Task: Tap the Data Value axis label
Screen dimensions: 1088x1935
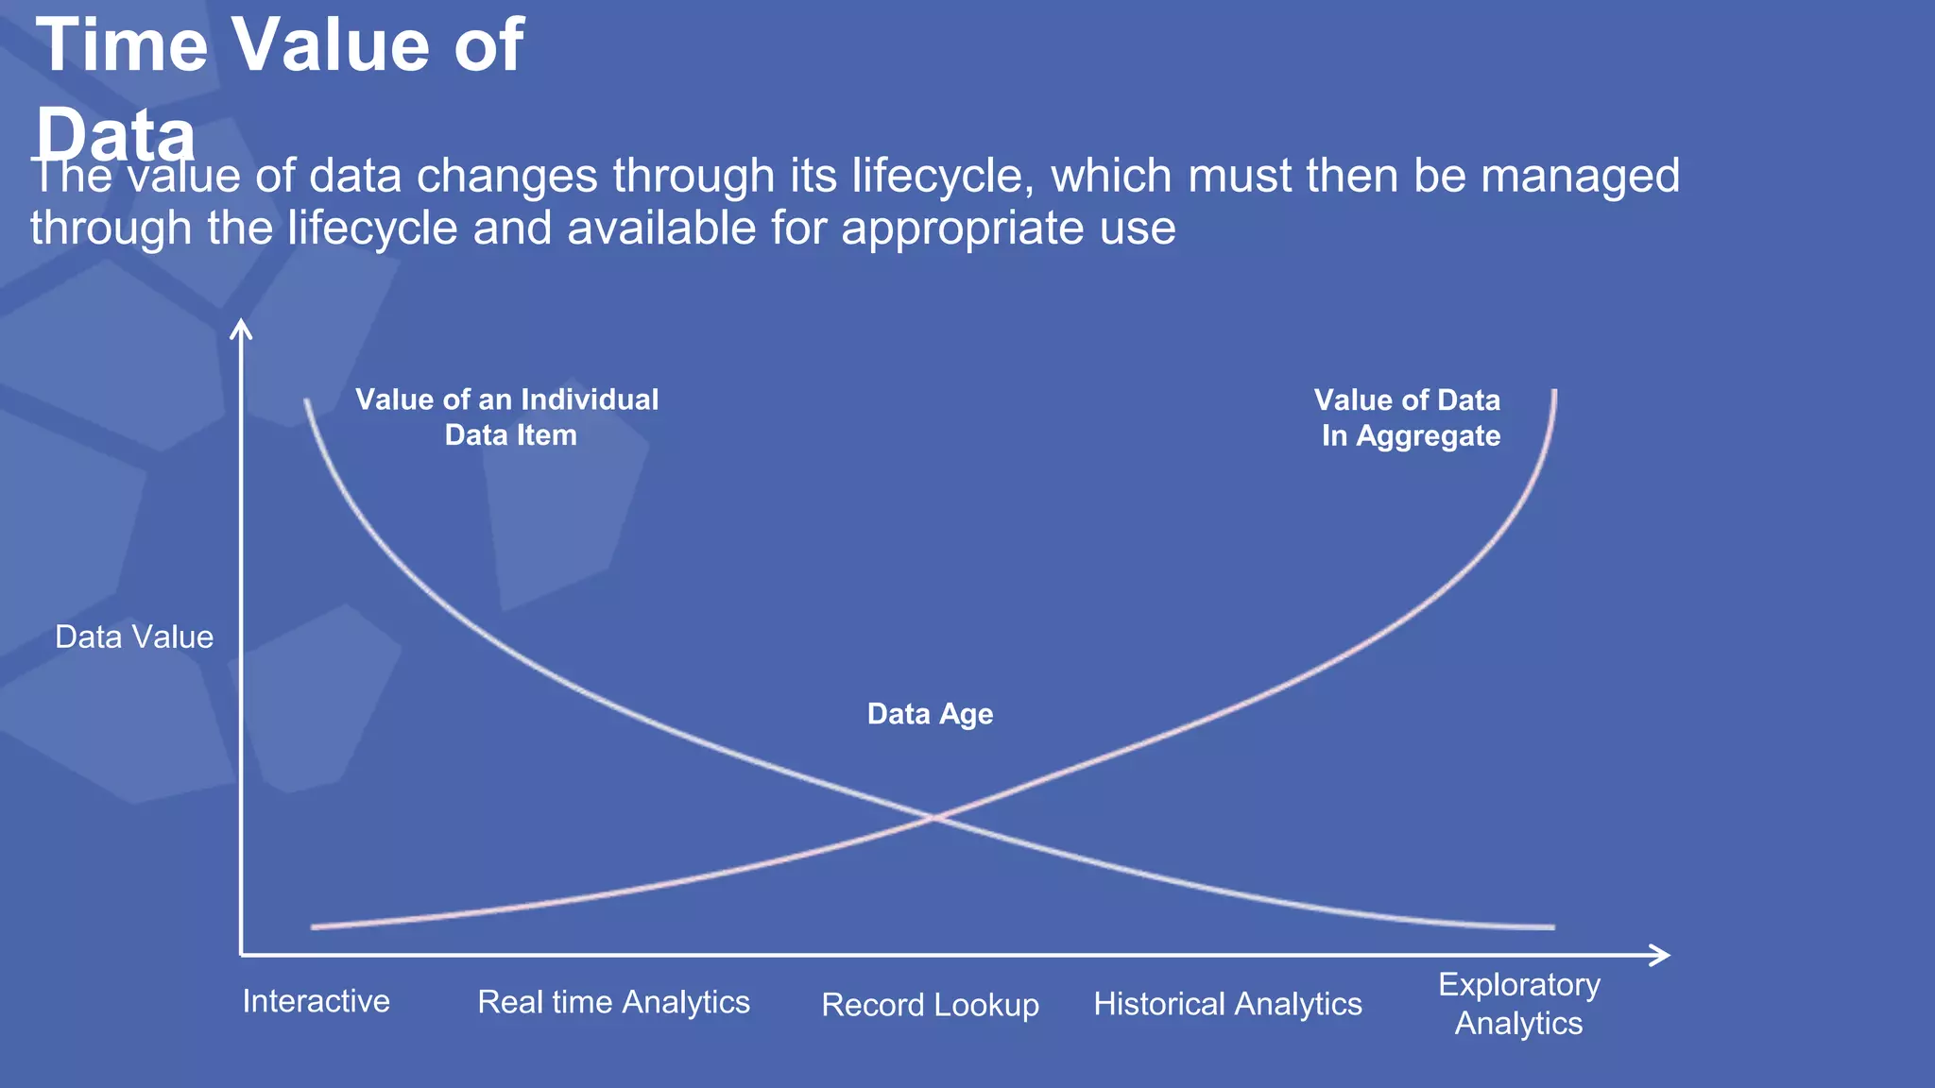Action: pyautogui.click(x=134, y=637)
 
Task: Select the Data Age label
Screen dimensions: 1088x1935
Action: pyautogui.click(x=930, y=714)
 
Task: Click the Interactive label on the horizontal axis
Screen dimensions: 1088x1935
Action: pyautogui.click(x=316, y=1001)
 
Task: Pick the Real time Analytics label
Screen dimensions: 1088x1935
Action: pyautogui.click(x=613, y=1002)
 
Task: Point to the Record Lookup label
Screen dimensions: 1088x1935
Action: pyautogui.click(x=930, y=1005)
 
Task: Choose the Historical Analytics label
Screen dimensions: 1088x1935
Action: pyautogui.click(x=1227, y=1004)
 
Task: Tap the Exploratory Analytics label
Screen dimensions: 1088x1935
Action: pyautogui.click(x=1518, y=1004)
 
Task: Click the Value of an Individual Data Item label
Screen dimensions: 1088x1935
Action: pyautogui.click(x=507, y=417)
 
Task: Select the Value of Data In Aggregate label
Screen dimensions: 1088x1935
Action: pyautogui.click(x=1408, y=417)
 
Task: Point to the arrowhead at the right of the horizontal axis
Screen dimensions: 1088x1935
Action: pyautogui.click(x=1662, y=955)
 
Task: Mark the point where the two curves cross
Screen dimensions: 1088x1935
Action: pyautogui.click(x=933, y=817)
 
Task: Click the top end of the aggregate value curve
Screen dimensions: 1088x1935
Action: pyautogui.click(x=1554, y=392)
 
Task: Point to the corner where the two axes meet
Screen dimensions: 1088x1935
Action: pyautogui.click(x=242, y=955)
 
